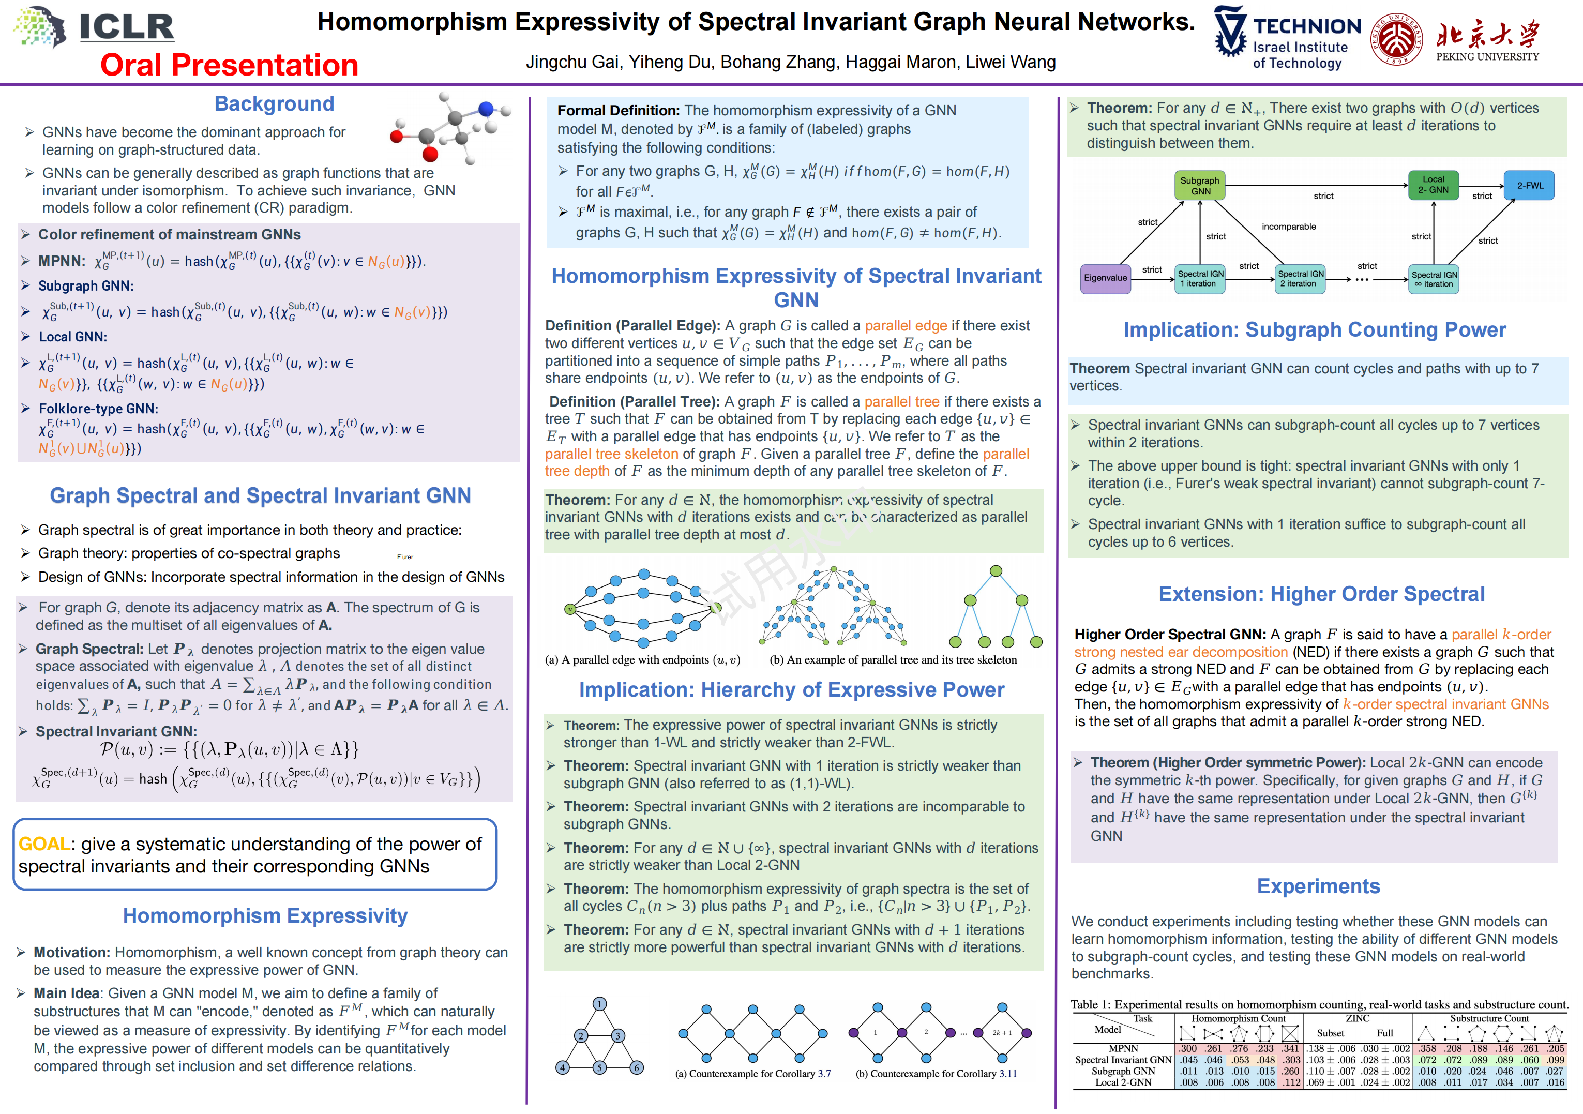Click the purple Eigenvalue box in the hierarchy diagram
tap(1105, 278)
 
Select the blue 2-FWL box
tap(1529, 186)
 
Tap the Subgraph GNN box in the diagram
tap(1200, 186)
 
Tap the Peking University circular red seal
tap(1397, 39)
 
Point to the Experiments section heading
tap(1318, 886)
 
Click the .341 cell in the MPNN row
tap(1290, 1048)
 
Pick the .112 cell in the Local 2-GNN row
tap(1290, 1082)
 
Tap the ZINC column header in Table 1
tap(1357, 1018)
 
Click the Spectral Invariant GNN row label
tap(1123, 1060)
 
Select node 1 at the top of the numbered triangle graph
tap(600, 1004)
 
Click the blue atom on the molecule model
tap(486, 108)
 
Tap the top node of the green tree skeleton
tap(996, 571)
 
